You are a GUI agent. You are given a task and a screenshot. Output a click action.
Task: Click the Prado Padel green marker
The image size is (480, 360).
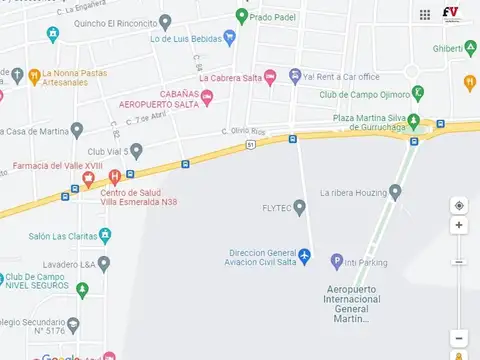pyautogui.click(x=241, y=16)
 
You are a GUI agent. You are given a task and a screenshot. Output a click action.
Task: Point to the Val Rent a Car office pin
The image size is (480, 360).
pyautogui.click(x=295, y=77)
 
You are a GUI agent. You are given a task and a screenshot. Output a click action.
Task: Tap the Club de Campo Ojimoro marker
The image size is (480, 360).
pyautogui.click(x=418, y=95)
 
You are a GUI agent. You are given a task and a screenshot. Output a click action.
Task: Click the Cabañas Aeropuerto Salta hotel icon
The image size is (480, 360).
pyautogui.click(x=207, y=97)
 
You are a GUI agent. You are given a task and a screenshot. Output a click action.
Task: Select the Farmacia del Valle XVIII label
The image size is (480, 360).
pyautogui.click(x=45, y=166)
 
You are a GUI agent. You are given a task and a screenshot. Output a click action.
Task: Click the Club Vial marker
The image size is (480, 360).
pyautogui.click(x=137, y=151)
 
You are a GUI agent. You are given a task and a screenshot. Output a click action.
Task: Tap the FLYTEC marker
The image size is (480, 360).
pyautogui.click(x=299, y=207)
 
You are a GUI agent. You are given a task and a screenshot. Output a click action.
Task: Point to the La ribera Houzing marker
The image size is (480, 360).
pyautogui.click(x=395, y=192)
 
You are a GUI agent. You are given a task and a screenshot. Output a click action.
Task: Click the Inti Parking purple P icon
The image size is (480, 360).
pyautogui.click(x=337, y=262)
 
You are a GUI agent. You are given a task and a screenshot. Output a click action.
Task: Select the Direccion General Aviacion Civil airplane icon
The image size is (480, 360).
pyautogui.click(x=307, y=260)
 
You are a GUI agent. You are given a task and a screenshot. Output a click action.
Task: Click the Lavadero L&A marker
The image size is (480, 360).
pyautogui.click(x=103, y=264)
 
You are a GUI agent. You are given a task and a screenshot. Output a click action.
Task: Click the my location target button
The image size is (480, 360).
pyautogui.click(x=459, y=205)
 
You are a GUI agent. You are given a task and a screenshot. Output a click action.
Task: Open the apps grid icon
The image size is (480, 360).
pyautogui.click(x=425, y=14)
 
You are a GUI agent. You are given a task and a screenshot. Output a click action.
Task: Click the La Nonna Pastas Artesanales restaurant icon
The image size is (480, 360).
pyautogui.click(x=33, y=74)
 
